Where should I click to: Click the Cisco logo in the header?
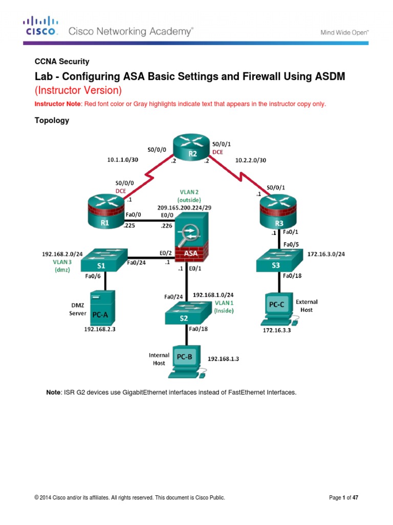[40, 26]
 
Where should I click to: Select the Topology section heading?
[52, 121]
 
